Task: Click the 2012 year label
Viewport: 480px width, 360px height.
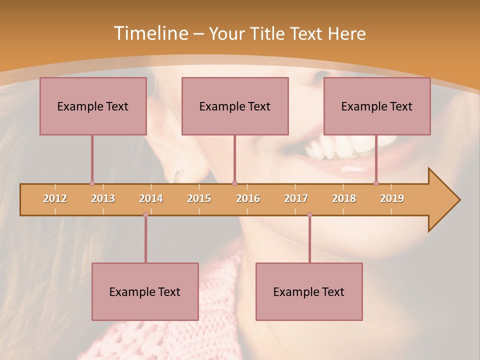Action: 55,198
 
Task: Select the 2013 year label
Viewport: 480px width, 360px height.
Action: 103,198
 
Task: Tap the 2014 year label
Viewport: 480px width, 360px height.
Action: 151,198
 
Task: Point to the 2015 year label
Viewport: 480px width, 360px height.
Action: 199,198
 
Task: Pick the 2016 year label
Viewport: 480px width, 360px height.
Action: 248,198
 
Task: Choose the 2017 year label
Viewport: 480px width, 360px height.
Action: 296,198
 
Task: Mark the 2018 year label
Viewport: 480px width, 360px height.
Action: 344,198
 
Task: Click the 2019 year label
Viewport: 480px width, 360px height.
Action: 392,198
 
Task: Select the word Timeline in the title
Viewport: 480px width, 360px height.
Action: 150,33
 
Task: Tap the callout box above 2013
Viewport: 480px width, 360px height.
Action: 93,106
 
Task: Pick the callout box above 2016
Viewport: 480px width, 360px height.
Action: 235,106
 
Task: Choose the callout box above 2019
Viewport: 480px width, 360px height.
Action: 377,106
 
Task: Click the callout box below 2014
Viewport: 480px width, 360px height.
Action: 145,291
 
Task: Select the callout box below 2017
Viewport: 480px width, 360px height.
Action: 309,291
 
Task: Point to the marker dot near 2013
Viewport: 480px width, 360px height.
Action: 92,183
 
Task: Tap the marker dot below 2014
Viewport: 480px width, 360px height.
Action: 145,214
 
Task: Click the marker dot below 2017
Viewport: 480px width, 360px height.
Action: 309,214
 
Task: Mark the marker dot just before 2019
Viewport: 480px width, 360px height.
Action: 376,183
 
